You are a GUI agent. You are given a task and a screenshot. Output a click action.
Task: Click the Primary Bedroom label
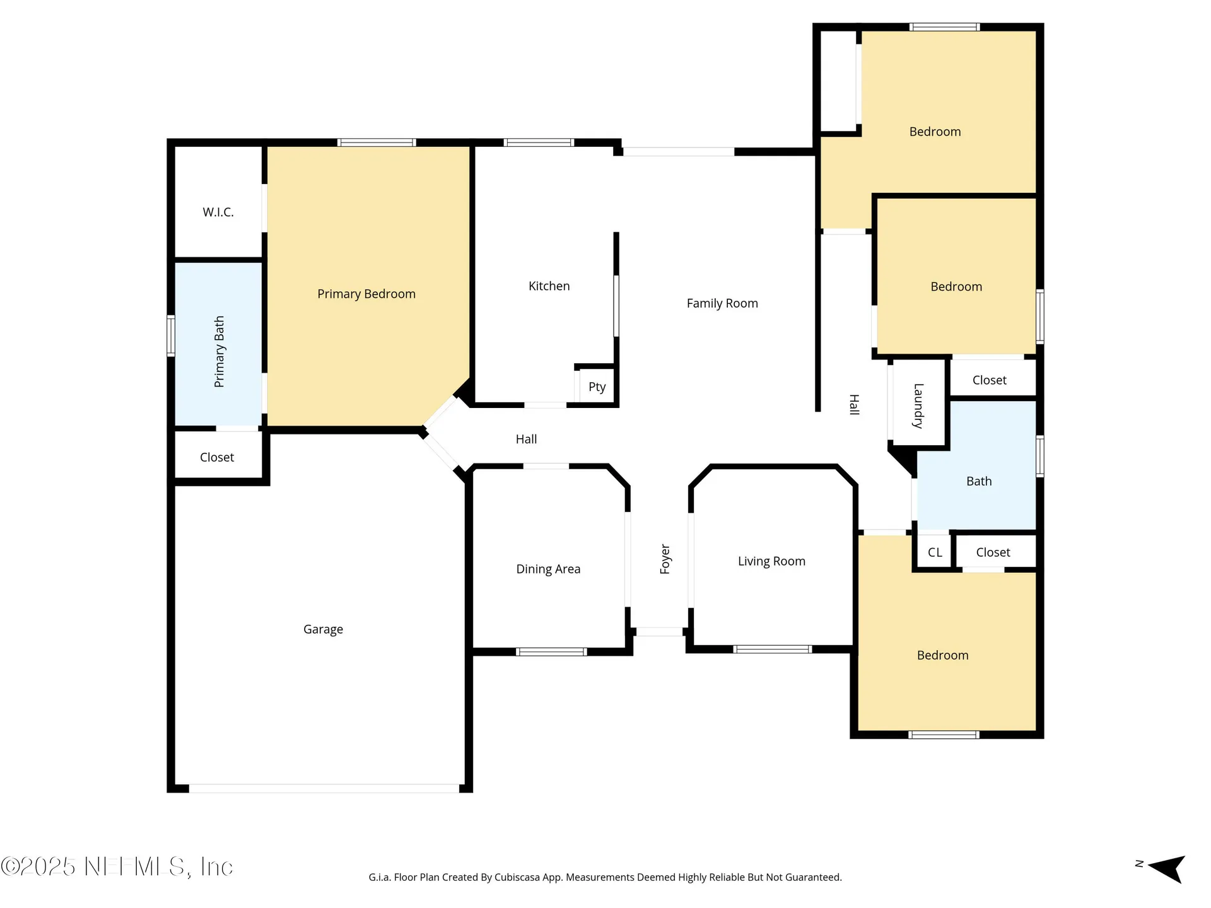[366, 294]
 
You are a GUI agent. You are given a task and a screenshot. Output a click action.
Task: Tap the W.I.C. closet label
[218, 212]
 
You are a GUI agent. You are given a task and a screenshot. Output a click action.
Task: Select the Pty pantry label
[597, 387]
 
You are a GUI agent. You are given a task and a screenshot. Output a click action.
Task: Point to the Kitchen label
[549, 286]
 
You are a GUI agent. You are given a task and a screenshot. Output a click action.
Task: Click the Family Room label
[722, 303]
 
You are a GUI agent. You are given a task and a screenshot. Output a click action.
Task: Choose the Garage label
[323, 629]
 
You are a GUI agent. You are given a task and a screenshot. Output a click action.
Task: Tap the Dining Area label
[548, 569]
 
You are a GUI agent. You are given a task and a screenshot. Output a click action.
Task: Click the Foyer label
[665, 559]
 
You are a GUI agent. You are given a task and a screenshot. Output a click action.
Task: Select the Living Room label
[771, 561]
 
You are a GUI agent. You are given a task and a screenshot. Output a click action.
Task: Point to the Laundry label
[918, 406]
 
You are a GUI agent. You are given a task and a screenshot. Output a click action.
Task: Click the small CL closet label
[935, 552]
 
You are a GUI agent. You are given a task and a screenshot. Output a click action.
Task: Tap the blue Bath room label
[979, 481]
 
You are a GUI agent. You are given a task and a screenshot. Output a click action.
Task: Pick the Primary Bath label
[219, 352]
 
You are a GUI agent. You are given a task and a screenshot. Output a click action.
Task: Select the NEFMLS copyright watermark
[117, 866]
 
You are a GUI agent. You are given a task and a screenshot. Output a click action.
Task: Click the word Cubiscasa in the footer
[520, 877]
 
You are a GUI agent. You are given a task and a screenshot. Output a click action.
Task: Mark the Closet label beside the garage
[217, 457]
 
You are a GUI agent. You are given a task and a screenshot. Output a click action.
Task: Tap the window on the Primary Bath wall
[171, 335]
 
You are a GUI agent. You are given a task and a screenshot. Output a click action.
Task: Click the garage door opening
[324, 788]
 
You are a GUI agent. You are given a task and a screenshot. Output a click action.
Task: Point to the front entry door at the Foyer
[659, 632]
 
